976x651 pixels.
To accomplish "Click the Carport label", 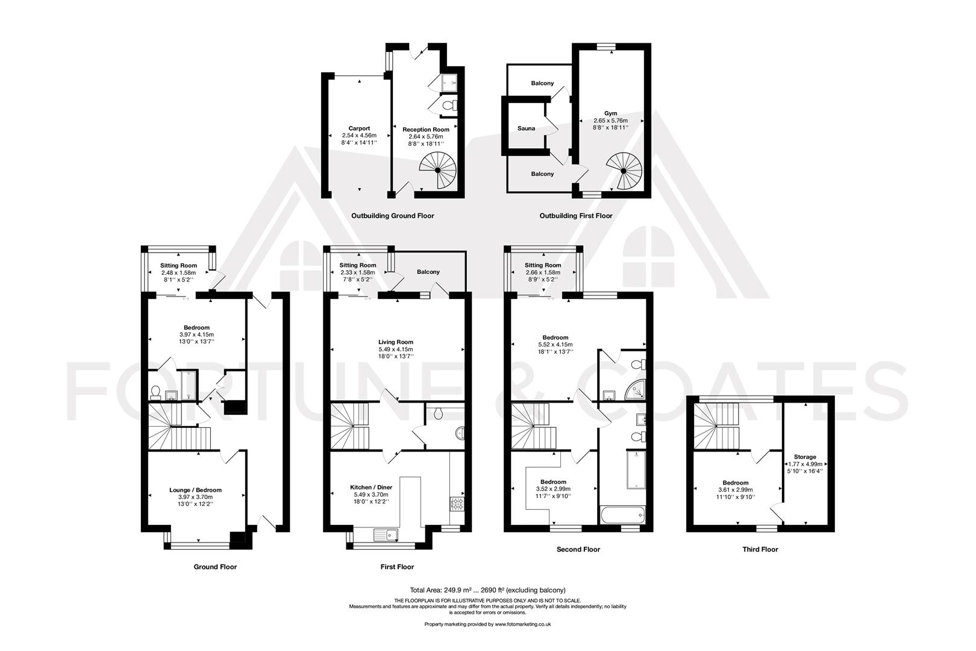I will click(359, 128).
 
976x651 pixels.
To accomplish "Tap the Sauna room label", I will click(526, 128).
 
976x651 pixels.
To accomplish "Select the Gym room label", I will click(611, 113).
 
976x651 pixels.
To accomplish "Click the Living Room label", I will click(396, 342).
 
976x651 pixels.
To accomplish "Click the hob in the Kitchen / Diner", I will click(457, 504).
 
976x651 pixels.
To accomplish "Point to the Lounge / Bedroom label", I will click(195, 490).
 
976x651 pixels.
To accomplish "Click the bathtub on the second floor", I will click(622, 516).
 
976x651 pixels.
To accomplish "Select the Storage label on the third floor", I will click(805, 457).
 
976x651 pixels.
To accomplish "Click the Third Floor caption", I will click(760, 549).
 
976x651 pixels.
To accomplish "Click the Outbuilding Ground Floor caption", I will click(392, 215).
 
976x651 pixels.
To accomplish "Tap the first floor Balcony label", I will click(428, 272).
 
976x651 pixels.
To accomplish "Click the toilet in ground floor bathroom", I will click(155, 394).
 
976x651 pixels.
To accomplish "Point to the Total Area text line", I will click(487, 590).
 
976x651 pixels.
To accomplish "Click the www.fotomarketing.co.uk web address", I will click(522, 624).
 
